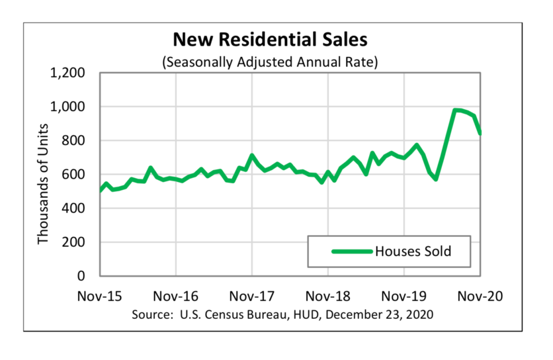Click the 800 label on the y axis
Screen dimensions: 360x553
coord(75,141)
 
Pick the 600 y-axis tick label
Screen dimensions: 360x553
coord(75,175)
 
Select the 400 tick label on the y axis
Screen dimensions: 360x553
coord(75,208)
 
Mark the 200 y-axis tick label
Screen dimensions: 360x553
coord(75,242)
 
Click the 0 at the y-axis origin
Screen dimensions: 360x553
coord(82,276)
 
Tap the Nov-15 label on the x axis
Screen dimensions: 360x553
coord(99,296)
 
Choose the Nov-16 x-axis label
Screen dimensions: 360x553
coord(176,296)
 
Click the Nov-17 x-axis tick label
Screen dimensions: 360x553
coord(252,296)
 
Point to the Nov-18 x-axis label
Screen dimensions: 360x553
coord(328,296)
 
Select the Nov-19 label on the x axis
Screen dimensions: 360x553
coord(404,296)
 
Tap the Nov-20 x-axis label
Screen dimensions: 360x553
coord(481,296)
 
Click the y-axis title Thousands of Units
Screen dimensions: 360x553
coord(43,184)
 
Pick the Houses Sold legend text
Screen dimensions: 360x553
coord(413,251)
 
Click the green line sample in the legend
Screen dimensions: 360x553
coord(352,251)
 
